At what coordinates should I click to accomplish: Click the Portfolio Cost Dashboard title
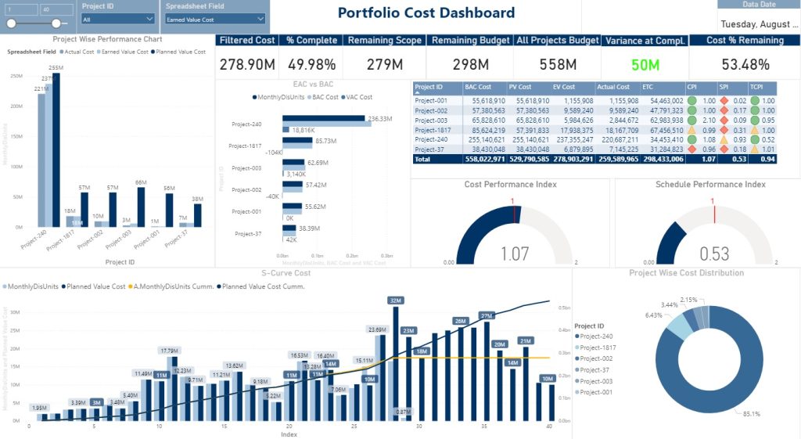426,13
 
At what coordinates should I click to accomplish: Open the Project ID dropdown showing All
118,19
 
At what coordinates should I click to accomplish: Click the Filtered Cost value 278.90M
246,64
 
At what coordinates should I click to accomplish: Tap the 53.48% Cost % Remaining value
744,64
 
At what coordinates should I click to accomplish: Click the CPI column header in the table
691,87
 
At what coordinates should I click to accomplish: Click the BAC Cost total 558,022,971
484,158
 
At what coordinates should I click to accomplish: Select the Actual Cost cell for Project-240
617,139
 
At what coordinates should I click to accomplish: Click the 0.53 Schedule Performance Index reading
713,254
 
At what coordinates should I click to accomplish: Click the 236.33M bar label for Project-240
380,119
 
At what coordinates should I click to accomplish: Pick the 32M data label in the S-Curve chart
395,300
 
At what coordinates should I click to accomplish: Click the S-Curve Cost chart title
286,273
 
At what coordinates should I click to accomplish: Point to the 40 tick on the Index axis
550,426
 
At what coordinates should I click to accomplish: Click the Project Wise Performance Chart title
107,38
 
